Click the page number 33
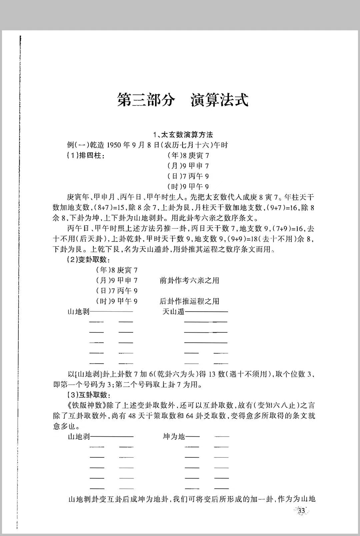tap(302, 511)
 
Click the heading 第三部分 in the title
tap(146, 100)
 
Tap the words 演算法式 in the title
tap(220, 100)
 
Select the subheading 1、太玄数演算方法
tap(183, 135)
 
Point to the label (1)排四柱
tap(86, 155)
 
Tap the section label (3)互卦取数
tap(88, 395)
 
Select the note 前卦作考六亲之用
tap(189, 280)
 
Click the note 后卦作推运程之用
tap(189, 301)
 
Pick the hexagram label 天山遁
tap(173, 312)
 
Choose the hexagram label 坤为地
tap(174, 436)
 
